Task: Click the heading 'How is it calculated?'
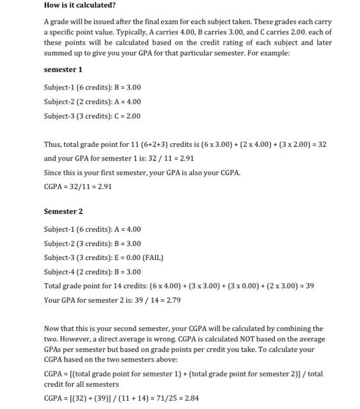click(x=80, y=5)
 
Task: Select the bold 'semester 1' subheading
click(x=63, y=69)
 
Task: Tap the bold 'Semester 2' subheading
click(x=63, y=211)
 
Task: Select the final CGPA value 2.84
click(x=191, y=398)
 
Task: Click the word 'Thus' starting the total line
click(x=52, y=144)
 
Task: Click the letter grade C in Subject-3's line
click(x=117, y=116)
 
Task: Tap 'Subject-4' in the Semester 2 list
click(x=59, y=272)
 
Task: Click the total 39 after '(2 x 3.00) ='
click(x=309, y=286)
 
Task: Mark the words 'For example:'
click(x=269, y=52)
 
